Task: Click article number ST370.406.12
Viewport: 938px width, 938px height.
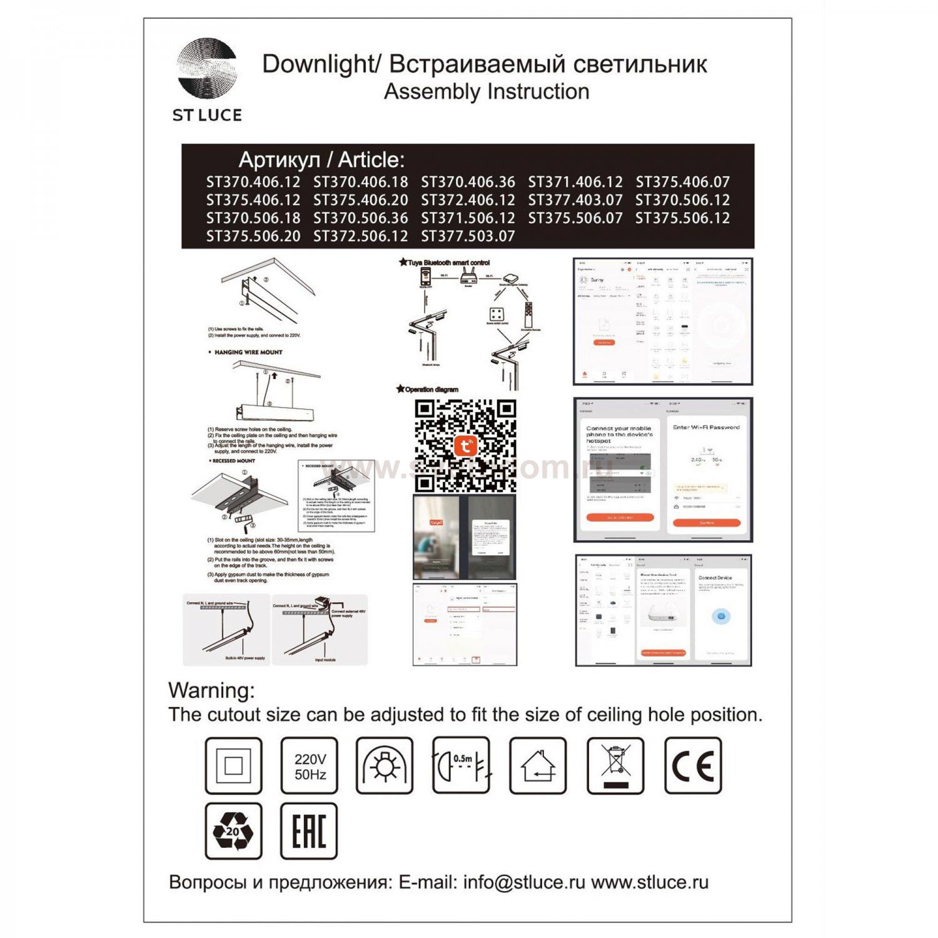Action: click(x=253, y=182)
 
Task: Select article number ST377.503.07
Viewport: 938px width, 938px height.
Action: click(x=468, y=236)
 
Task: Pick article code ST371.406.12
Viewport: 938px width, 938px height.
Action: click(x=575, y=182)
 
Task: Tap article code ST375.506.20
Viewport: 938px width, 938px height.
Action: click(x=253, y=236)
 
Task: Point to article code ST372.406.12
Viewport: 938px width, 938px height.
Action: click(x=468, y=200)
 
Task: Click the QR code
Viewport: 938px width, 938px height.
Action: click(x=465, y=446)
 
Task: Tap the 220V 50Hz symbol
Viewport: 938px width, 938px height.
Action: click(x=310, y=766)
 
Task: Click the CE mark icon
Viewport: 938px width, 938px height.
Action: click(x=693, y=766)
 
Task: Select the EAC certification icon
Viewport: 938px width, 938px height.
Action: click(x=310, y=831)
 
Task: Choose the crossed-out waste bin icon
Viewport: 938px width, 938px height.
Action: click(x=615, y=766)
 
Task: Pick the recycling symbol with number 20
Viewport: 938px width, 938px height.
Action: click(x=233, y=831)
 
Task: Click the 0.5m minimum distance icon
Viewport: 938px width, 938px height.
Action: click(x=461, y=766)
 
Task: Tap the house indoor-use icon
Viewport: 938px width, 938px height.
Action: click(x=538, y=766)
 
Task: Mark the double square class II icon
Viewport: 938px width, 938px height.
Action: click(x=233, y=766)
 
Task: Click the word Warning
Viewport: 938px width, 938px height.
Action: click(x=211, y=690)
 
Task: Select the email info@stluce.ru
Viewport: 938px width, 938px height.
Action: click(x=524, y=882)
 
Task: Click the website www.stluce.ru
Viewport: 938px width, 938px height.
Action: click(x=650, y=882)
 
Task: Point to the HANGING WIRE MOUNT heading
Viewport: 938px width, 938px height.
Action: click(x=248, y=353)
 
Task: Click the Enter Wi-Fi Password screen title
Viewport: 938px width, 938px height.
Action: click(x=706, y=428)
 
